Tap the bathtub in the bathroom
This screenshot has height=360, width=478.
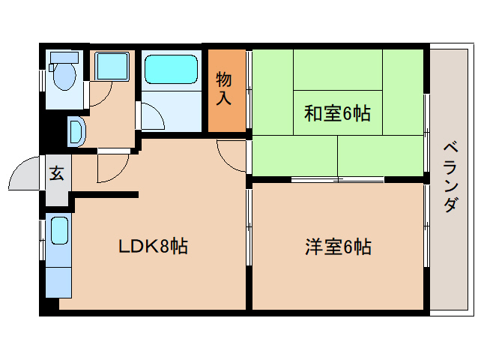(x=170, y=69)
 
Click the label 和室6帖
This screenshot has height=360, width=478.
(x=337, y=113)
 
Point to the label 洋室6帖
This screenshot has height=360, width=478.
(x=338, y=246)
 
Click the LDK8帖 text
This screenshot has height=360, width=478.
(x=153, y=245)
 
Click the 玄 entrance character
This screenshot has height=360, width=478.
(x=57, y=173)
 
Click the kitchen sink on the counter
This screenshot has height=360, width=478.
(x=58, y=232)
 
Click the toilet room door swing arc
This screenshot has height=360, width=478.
(x=100, y=94)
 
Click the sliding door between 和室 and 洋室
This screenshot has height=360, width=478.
(x=337, y=179)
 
